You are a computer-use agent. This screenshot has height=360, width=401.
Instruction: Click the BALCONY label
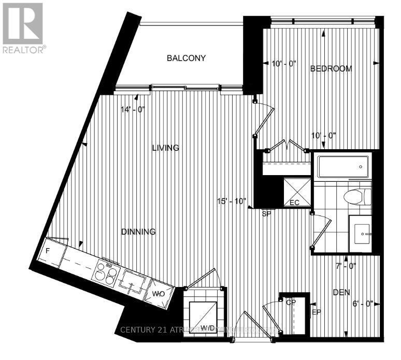click(186, 58)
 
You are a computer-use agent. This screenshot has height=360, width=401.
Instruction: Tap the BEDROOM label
click(331, 68)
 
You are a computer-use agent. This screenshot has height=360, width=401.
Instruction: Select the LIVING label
click(165, 148)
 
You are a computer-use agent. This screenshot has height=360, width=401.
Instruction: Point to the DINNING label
click(139, 232)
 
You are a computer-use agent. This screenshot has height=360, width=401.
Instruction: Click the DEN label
click(341, 293)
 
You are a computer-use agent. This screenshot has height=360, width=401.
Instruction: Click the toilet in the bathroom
click(357, 197)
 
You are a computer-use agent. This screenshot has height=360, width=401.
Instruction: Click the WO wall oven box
click(157, 294)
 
